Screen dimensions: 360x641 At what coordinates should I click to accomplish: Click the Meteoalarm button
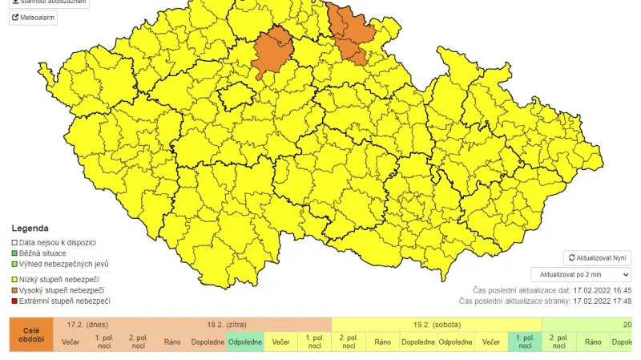coord(33,18)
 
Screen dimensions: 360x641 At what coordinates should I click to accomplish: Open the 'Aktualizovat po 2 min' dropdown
coord(581,275)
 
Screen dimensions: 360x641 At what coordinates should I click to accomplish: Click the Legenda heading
coord(30,229)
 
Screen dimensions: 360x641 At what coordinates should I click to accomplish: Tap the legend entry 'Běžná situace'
coord(47,253)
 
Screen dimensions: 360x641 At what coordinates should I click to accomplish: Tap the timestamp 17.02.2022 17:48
coord(603,301)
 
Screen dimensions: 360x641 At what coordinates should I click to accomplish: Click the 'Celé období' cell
coord(32,334)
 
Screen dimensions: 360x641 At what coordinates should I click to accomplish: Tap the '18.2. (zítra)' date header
coord(226,324)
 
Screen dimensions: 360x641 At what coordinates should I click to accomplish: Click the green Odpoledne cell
coord(245,342)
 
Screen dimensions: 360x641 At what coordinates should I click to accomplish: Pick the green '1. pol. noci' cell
coord(525,342)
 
